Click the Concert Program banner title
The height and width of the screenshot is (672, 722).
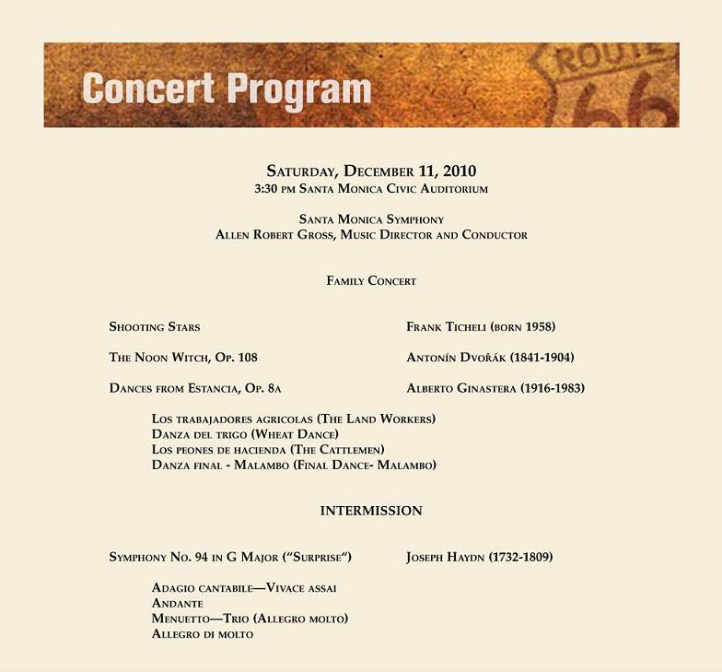coord(227,88)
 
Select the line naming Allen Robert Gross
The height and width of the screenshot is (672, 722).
coord(371,235)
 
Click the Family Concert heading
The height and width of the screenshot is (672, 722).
coord(371,280)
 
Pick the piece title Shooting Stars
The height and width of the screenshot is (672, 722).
coord(155,326)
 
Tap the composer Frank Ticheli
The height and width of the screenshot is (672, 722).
coord(481,326)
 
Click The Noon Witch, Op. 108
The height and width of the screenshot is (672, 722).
coord(183,358)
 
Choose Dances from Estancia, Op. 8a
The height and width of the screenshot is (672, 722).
coord(202,388)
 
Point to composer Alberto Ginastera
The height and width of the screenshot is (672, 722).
coord(495,388)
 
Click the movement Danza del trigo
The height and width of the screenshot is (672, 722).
coord(245,434)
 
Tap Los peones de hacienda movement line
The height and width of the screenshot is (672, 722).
coord(262,449)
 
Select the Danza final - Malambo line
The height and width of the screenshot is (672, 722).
coord(294,465)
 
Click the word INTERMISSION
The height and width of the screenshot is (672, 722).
coord(371,511)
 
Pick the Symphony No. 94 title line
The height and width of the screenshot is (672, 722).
coord(230,557)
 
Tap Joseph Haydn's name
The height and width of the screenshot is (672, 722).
coord(479,557)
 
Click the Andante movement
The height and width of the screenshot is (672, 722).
coord(178,603)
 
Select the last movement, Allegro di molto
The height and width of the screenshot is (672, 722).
coord(203,634)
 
